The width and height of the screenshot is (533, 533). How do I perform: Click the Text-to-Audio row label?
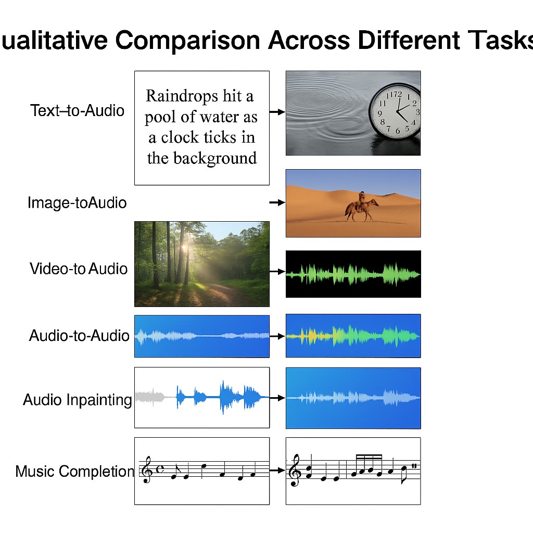pyautogui.click(x=77, y=110)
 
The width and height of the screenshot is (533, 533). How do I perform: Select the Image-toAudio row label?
pyautogui.click(x=77, y=202)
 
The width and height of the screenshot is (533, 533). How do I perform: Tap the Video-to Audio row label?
pyautogui.click(x=79, y=269)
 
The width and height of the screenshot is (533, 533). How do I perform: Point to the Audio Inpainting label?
pyautogui.click(x=78, y=400)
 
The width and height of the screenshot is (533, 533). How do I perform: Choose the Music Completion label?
pyautogui.click(x=75, y=472)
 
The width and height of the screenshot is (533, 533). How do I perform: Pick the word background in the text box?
pyautogui.click(x=215, y=158)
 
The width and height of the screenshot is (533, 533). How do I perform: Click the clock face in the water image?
pyautogui.click(x=396, y=111)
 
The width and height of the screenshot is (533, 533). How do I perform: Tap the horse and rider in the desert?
pyautogui.click(x=362, y=207)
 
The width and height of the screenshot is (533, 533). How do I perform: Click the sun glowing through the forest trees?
pyautogui.click(x=185, y=247)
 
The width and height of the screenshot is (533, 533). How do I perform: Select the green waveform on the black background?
pyautogui.click(x=353, y=274)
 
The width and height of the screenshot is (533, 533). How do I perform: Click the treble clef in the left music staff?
pyautogui.click(x=147, y=469)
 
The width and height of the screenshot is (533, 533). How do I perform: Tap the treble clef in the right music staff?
pyautogui.click(x=295, y=471)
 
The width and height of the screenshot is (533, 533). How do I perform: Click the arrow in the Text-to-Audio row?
pyautogui.click(x=277, y=112)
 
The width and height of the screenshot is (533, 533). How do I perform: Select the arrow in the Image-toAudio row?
pyautogui.click(x=277, y=202)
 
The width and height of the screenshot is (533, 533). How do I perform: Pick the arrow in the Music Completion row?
pyautogui.click(x=277, y=471)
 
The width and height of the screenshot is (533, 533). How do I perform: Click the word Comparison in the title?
pyautogui.click(x=187, y=41)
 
